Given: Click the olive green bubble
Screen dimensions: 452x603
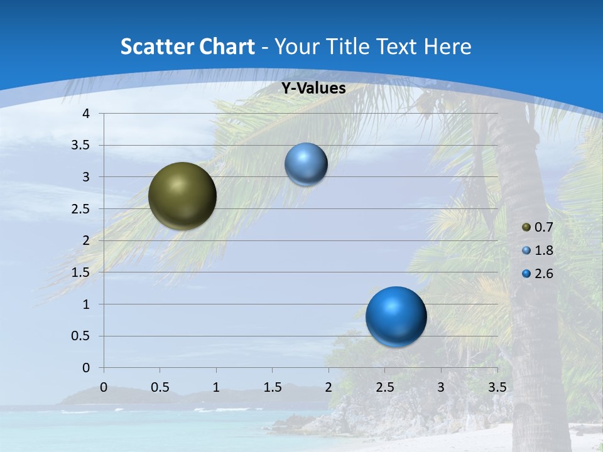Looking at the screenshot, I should [182, 196].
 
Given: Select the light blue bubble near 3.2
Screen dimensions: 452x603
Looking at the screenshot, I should [306, 164].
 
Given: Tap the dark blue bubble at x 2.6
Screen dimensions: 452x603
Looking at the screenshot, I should [396, 316].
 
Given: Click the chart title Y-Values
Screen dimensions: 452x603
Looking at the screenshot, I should [313, 89].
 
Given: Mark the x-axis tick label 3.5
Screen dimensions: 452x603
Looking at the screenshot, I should [497, 387].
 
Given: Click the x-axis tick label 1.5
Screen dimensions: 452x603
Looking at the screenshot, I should [272, 387].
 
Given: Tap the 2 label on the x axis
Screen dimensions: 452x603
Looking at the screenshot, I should [329, 387].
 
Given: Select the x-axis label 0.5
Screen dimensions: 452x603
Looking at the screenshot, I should [160, 387].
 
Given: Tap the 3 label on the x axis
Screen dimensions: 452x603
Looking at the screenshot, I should [441, 387].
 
